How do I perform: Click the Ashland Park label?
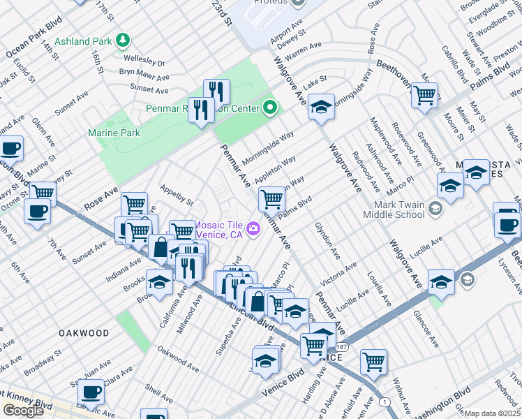coord(82,41)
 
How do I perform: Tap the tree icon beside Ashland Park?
coord(123,41)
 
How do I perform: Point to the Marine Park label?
coord(114,133)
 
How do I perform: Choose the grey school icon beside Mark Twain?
coord(435,209)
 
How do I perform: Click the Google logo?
coord(23,411)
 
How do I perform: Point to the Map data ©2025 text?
coord(491,413)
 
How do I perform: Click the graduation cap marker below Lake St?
coord(321,107)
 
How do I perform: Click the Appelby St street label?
coord(177,195)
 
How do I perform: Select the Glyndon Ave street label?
coord(326,240)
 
